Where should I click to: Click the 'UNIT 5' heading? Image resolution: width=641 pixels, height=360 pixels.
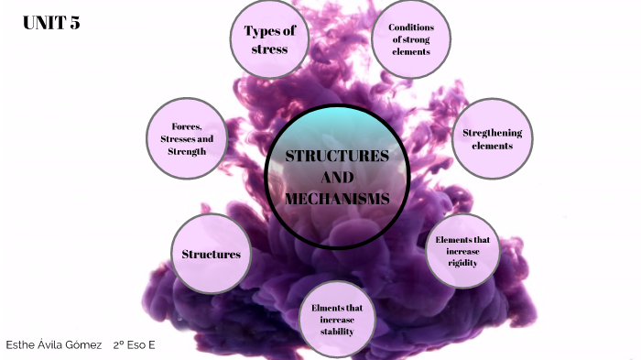tap(51, 24)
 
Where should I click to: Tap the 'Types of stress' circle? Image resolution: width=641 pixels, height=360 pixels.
tap(269, 39)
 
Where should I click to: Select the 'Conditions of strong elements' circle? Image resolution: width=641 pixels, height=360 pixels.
tap(411, 39)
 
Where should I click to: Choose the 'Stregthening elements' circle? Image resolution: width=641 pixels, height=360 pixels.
tap(493, 139)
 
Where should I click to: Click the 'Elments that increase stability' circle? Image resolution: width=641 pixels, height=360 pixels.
tap(337, 319)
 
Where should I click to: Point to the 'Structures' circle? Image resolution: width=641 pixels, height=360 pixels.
tap(211, 254)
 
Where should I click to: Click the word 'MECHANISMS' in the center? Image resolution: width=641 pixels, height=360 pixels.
tap(337, 198)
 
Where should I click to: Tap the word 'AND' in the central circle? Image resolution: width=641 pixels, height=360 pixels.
tap(337, 177)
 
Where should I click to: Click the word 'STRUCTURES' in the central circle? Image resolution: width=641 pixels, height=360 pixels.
tap(337, 156)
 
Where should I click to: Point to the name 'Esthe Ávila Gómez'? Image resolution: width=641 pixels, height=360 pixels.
tap(54, 344)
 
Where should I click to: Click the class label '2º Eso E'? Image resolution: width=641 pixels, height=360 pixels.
tap(135, 344)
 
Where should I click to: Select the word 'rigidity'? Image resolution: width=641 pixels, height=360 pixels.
tap(463, 262)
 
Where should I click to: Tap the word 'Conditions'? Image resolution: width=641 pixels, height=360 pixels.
tap(411, 27)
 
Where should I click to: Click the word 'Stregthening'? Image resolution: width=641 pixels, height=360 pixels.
tap(493, 133)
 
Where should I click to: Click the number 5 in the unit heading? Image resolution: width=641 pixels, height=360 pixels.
tap(74, 24)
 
